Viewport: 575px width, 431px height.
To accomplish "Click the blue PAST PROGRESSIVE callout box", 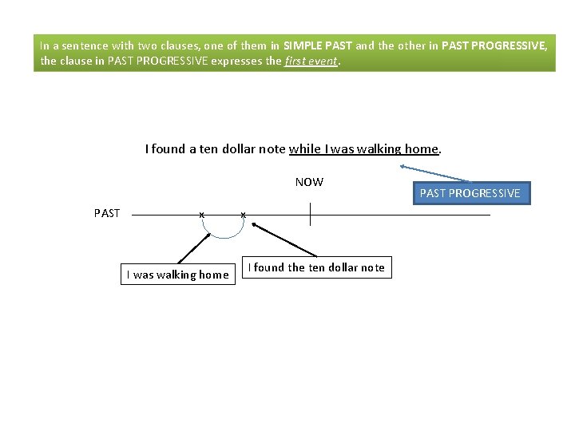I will [x=470, y=193].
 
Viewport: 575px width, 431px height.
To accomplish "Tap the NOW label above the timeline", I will [x=309, y=182].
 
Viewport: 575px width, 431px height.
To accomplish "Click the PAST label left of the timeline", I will [x=107, y=213].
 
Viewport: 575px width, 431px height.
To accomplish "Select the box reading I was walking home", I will [x=178, y=275].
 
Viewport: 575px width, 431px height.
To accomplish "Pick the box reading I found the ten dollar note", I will [x=316, y=267].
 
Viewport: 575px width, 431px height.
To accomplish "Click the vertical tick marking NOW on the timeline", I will [x=309, y=215].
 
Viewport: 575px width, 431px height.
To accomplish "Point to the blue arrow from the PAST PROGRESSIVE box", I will [x=435, y=174].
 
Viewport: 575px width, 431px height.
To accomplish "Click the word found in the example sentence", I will [x=169, y=148].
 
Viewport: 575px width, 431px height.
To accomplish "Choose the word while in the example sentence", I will [x=304, y=148].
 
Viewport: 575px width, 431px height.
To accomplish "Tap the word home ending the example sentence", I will [x=422, y=148].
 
